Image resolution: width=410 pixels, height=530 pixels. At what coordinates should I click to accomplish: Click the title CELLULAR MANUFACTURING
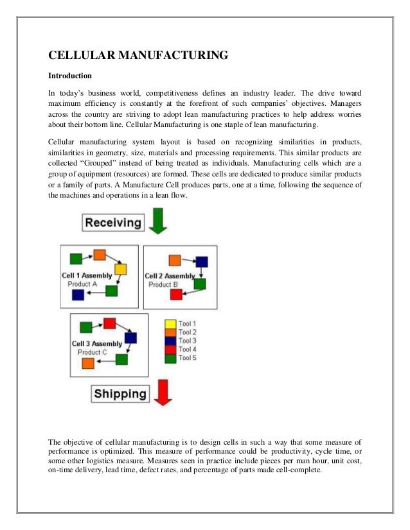pyautogui.click(x=138, y=56)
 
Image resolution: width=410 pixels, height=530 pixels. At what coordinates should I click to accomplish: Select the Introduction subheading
pyautogui.click(x=70, y=74)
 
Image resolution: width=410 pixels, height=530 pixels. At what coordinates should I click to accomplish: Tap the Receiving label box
pyautogui.click(x=112, y=223)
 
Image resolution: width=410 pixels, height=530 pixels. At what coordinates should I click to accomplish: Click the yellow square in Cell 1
pyautogui.click(x=120, y=269)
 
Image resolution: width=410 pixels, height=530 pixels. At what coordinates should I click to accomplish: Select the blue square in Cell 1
pyautogui.click(x=78, y=295)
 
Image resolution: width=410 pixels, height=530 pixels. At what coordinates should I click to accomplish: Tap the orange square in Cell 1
pyautogui.click(x=99, y=255)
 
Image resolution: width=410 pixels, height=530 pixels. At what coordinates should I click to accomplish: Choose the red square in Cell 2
pyautogui.click(x=175, y=295)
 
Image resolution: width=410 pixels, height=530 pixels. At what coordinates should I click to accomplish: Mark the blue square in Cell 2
pyautogui.click(x=202, y=261)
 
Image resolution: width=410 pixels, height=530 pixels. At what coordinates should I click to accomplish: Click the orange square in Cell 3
pyautogui.click(x=88, y=364)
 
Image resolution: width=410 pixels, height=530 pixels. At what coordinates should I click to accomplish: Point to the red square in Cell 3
pyautogui.click(x=109, y=323)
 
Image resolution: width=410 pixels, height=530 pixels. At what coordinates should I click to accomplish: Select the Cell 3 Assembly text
pyautogui.click(x=96, y=344)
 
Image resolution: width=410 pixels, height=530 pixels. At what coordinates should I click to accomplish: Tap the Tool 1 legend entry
pyautogui.click(x=181, y=324)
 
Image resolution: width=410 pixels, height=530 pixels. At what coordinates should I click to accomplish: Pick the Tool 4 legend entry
pyautogui.click(x=181, y=349)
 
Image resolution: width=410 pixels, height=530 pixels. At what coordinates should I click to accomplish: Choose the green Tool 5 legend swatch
pyautogui.click(x=170, y=358)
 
